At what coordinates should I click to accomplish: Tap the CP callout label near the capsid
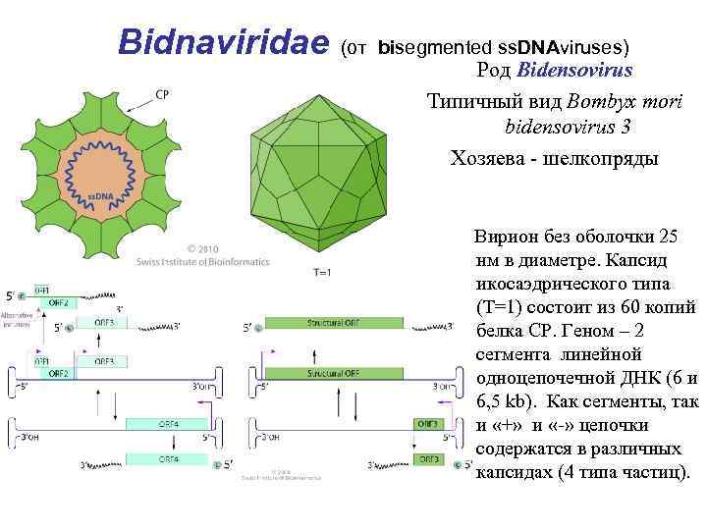tap(163, 95)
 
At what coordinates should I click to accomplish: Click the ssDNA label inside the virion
tap(101, 197)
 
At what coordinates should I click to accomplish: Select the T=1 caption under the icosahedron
tap(322, 272)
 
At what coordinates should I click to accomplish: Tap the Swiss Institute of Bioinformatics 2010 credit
tap(228, 255)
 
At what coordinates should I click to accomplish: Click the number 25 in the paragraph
tap(668, 237)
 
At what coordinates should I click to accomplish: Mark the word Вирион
tap(505, 237)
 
